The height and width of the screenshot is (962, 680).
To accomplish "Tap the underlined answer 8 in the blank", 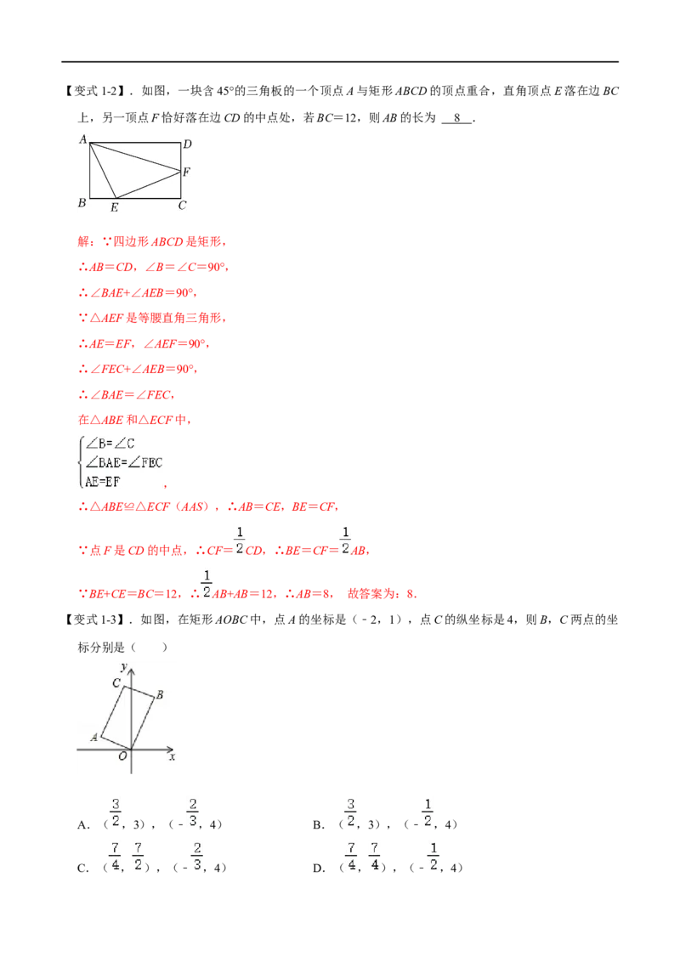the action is click(457, 118).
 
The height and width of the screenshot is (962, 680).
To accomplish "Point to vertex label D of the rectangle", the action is click(187, 144).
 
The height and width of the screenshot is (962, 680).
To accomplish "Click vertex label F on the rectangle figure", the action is click(186, 172).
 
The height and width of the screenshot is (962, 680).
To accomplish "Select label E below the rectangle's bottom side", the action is click(114, 208).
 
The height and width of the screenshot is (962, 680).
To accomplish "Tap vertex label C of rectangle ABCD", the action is click(182, 206).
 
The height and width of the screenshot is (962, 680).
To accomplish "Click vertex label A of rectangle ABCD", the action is click(82, 140).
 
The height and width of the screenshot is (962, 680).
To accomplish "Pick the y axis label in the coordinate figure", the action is click(124, 666).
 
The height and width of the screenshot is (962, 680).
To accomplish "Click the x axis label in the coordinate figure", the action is click(173, 757).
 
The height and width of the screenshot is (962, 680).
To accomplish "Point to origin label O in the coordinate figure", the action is click(122, 755).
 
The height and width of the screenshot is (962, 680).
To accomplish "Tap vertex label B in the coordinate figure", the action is click(160, 694).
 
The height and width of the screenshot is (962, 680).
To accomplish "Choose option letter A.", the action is click(83, 825).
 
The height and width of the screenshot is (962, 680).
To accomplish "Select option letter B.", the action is click(319, 825).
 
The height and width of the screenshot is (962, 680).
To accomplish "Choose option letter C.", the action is click(83, 869).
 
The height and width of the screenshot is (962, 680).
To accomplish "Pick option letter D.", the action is click(319, 869).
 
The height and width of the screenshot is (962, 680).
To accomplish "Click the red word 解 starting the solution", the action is click(83, 241).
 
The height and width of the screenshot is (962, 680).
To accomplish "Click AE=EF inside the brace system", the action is click(102, 482).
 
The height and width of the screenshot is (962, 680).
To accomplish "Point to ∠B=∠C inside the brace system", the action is click(110, 444).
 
